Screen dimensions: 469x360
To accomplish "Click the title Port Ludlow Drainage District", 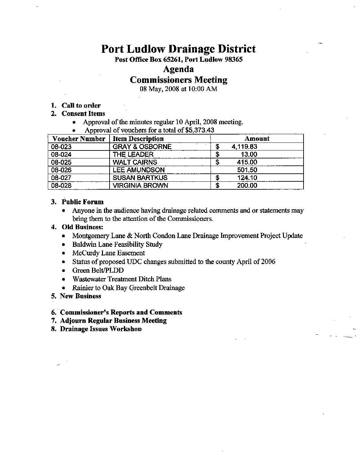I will [178, 49].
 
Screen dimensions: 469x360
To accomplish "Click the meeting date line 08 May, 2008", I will [178, 89].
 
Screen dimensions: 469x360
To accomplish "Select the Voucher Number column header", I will [79, 139].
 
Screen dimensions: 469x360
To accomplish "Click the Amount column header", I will [257, 139].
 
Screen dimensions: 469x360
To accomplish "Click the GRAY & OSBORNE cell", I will [142, 147].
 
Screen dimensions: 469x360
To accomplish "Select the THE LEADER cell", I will [133, 154].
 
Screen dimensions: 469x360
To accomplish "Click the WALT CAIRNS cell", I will [135, 162].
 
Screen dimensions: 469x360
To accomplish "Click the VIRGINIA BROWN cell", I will [140, 186].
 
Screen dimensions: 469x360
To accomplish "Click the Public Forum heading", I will [83, 202].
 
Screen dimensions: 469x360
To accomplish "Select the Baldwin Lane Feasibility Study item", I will [117, 244].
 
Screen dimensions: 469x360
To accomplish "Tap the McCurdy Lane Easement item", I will [108, 253].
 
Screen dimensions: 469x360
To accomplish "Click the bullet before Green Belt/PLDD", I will [63, 271].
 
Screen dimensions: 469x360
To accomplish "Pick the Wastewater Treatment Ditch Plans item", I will [122, 279].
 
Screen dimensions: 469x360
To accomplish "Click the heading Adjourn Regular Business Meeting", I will [113, 321].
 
